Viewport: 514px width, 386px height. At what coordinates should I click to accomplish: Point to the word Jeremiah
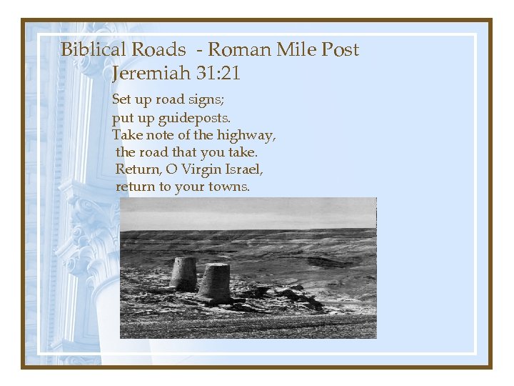tap(151, 73)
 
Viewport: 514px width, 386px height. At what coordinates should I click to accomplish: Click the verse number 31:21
tap(218, 73)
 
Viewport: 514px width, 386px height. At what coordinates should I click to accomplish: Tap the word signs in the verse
tap(205, 99)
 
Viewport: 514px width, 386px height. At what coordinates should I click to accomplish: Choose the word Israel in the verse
tap(245, 169)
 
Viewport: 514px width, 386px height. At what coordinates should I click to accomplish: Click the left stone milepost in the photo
tap(183, 273)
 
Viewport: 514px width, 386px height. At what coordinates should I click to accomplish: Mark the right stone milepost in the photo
tap(214, 282)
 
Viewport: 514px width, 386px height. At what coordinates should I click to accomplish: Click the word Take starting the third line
tap(127, 134)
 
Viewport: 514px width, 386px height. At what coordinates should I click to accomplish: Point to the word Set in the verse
tap(122, 99)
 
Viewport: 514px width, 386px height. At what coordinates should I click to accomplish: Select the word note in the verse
tap(161, 134)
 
